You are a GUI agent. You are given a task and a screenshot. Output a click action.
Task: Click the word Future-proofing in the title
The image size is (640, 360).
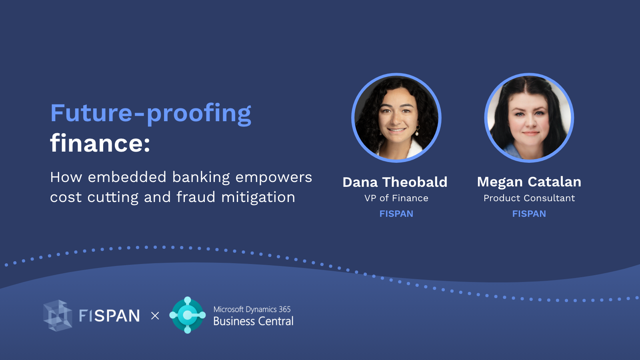[x=150, y=114]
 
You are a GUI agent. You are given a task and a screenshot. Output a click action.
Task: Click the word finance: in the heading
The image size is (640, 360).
[x=100, y=143]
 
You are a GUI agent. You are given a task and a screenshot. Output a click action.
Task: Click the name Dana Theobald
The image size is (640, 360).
[x=395, y=182]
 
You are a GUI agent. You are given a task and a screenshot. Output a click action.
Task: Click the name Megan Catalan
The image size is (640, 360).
[x=529, y=182]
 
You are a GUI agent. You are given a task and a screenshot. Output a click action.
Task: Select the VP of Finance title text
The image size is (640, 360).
[x=396, y=198]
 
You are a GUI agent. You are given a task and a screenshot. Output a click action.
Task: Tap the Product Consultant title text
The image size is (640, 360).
[x=529, y=198]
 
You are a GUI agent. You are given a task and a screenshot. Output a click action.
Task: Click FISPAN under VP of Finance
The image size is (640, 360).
[x=396, y=214]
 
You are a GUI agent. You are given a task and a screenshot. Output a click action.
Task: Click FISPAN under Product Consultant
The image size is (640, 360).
[x=529, y=214]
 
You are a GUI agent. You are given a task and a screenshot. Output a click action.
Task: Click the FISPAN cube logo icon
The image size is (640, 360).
[x=58, y=316]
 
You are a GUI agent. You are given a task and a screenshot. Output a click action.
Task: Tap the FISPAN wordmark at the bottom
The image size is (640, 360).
[x=109, y=316]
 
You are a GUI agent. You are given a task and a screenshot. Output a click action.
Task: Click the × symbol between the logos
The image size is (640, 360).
[x=155, y=316]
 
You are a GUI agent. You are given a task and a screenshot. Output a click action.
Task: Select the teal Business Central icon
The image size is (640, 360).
[x=187, y=315]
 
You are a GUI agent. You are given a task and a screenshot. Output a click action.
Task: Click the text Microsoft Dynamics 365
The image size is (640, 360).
[x=252, y=309]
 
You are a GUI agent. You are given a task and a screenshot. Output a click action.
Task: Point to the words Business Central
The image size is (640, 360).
[x=253, y=321]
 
